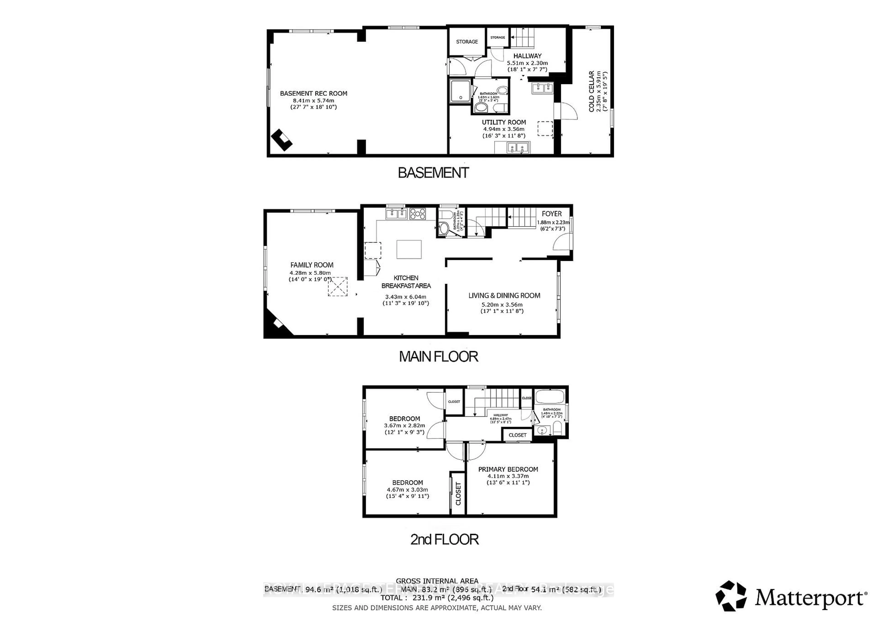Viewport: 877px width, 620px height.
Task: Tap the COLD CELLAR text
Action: click(x=591, y=91)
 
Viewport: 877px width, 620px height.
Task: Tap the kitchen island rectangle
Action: click(x=409, y=249)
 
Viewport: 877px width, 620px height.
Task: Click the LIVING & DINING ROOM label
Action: click(x=504, y=295)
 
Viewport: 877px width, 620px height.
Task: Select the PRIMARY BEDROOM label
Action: click(x=508, y=469)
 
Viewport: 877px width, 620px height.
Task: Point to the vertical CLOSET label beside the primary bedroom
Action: click(x=458, y=493)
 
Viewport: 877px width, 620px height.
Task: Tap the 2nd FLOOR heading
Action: click(x=444, y=539)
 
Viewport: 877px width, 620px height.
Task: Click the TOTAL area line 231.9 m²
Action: click(x=437, y=597)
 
